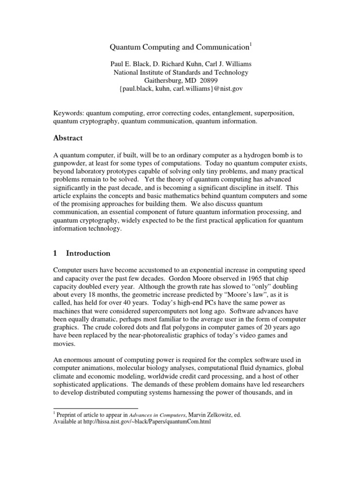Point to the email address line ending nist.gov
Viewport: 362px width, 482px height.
181,89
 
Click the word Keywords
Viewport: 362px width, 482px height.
67,113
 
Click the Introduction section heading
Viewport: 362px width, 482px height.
88,253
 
